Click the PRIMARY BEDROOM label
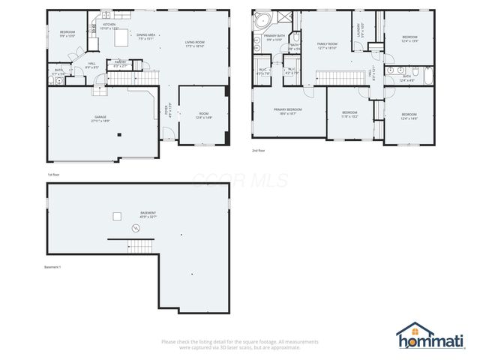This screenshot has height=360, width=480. tap(288, 110)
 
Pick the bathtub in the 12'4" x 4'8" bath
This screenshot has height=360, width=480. tap(427, 75)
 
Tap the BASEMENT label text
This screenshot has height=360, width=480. tap(148, 214)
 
